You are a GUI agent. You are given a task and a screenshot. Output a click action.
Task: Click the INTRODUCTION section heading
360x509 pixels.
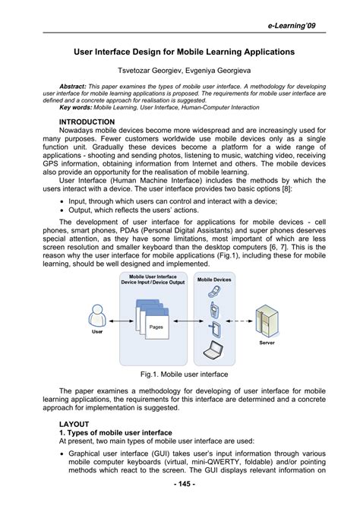pos(87,122)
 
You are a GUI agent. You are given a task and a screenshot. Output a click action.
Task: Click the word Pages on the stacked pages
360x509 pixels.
pos(156,327)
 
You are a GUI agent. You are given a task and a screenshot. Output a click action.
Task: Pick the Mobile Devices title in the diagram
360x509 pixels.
pos(214,280)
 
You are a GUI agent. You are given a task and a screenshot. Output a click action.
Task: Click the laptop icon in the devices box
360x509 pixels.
pos(214,352)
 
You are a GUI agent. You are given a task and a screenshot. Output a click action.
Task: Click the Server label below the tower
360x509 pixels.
pos(267,343)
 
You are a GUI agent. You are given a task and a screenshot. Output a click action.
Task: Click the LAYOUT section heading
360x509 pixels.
pos(74,424)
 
